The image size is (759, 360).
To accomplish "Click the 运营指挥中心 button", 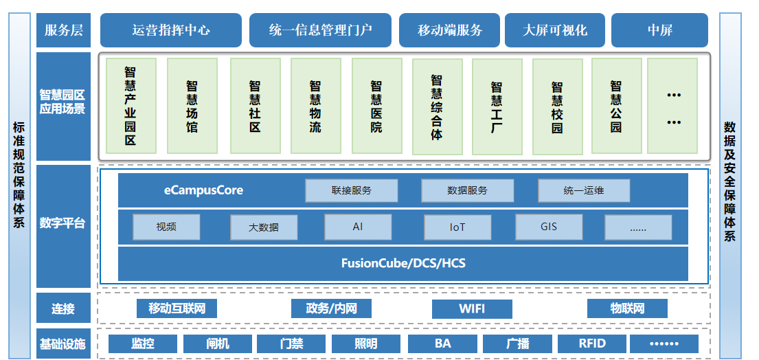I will pos(171,30).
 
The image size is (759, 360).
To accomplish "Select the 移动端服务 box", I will pos(449,30).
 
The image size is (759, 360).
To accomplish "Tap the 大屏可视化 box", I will pos(555,30).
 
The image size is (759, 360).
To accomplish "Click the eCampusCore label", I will pos(203,190).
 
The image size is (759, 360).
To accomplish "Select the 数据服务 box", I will pos(467,190).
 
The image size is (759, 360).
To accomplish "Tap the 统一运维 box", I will pos(584,190).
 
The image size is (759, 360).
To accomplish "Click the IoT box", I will pos(457,227).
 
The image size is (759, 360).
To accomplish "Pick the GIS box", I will pos(549,226).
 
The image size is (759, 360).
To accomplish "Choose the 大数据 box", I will pos(264,227).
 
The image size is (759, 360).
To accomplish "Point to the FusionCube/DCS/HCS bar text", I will pos(403,263).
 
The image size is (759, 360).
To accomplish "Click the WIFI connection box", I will pos(472,308).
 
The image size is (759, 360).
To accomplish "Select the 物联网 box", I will pos(628,308).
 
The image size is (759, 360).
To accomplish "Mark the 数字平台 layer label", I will pos(63,223).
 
